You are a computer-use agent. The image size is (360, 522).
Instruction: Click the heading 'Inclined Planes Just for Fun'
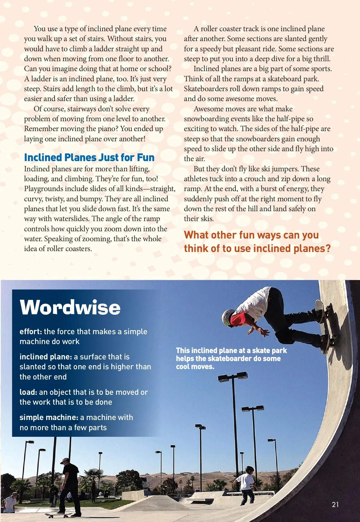coord(89,157)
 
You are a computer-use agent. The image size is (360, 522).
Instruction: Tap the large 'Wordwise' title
coord(70,307)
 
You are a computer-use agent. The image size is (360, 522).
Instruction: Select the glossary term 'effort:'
coord(31,331)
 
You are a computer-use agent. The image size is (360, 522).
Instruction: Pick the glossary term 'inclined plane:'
coord(46,357)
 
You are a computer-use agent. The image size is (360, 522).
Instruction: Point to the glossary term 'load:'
coord(28,392)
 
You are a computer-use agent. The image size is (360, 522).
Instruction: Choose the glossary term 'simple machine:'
coord(49,417)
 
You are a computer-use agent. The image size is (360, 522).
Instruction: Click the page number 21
coord(335,505)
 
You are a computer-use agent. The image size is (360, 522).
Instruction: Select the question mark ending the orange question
coord(327,248)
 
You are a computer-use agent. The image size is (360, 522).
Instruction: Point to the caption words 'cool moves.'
coord(195,367)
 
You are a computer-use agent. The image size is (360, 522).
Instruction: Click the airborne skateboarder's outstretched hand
coord(264,332)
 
